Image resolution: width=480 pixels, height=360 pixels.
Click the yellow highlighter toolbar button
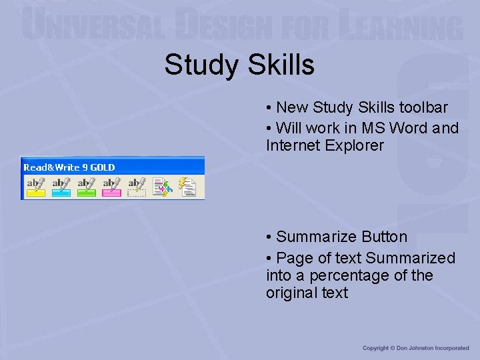coord(35,187)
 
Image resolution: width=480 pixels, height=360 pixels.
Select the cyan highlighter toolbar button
coord(61,187)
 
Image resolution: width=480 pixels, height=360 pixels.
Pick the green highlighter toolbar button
coord(86,187)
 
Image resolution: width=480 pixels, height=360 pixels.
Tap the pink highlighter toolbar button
coord(111,187)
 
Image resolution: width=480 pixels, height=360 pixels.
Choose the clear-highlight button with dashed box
coord(137,187)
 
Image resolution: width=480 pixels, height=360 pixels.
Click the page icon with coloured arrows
coord(162,187)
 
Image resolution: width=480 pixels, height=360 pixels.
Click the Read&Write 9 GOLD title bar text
coord(69,167)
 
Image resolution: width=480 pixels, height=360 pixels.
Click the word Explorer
coord(355,145)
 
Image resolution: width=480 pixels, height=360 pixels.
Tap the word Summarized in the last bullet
coord(411,258)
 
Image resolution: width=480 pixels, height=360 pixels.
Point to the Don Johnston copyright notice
coord(415,348)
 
